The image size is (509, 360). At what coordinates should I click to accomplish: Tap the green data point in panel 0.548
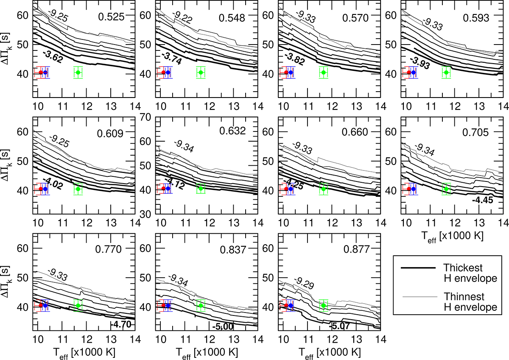[201, 73]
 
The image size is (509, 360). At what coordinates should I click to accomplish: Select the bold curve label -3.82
[295, 59]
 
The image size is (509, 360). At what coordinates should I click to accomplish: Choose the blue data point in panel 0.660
[291, 189]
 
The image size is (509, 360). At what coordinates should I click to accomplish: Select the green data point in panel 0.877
[324, 305]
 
